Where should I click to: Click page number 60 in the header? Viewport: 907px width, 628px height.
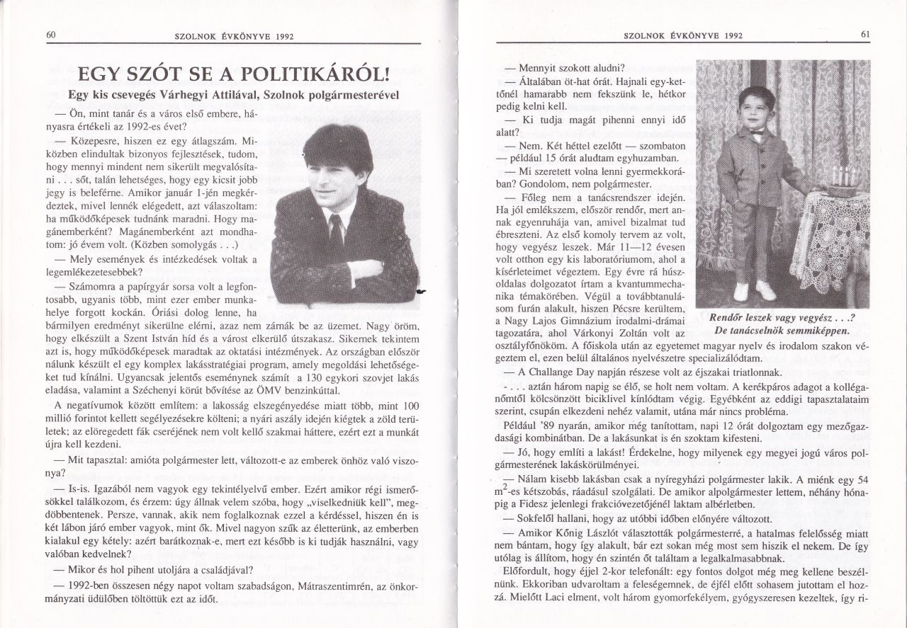(51, 35)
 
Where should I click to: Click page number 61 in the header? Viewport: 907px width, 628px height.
(865, 34)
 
